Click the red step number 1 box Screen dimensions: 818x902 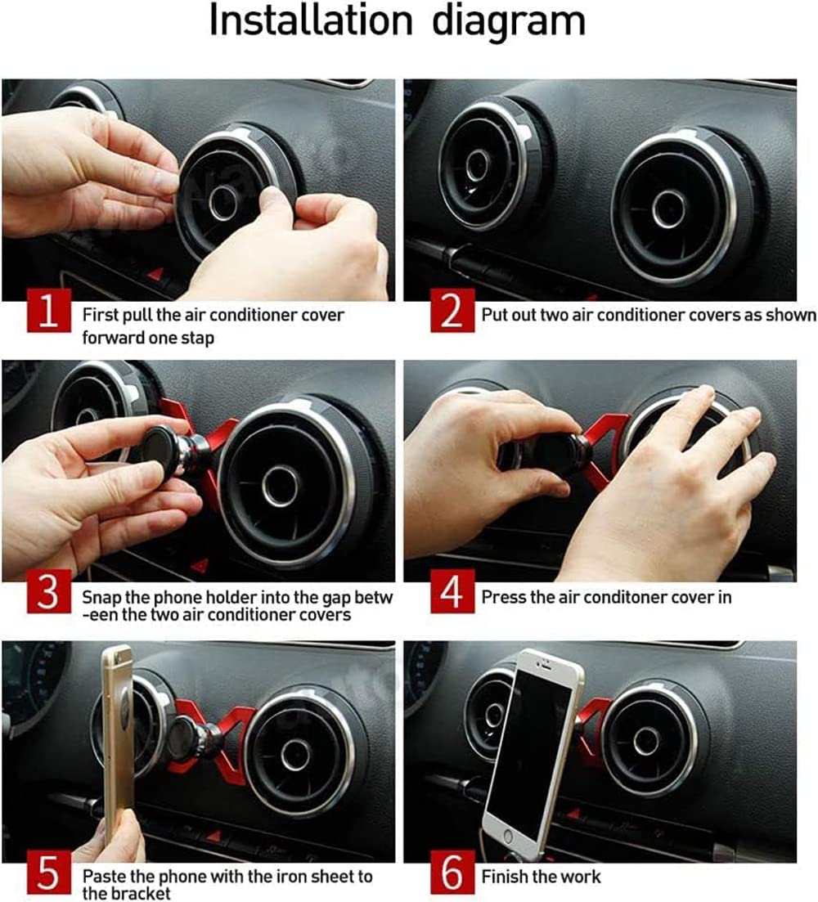[49, 311]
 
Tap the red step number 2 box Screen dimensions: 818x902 [452, 311]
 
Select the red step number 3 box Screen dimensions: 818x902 [49, 591]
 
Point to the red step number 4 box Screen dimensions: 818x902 [452, 591]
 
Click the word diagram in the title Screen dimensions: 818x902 [509, 22]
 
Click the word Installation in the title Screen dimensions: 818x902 [311, 20]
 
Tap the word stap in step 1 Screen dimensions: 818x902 [197, 338]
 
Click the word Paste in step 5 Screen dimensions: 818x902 [104, 877]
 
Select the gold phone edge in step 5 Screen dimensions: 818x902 [118, 742]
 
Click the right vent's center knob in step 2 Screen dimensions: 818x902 [669, 209]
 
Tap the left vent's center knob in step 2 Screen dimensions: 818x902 [477, 166]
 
